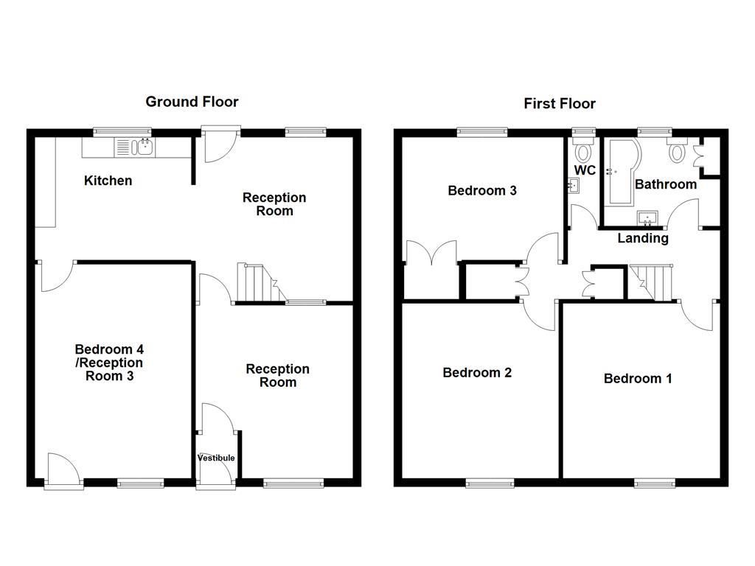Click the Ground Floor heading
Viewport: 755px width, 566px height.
[192, 102]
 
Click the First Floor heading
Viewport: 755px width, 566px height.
[560, 104]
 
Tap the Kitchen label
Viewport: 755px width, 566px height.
[108, 181]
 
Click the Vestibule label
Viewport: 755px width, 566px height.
[216, 458]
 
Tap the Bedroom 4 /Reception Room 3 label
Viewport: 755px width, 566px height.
[109, 363]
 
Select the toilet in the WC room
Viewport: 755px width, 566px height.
[585, 152]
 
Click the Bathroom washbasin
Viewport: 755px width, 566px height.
[648, 218]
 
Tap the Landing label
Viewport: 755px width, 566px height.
[643, 238]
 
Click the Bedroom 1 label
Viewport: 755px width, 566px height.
[638, 379]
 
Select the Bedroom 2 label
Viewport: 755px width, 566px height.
[477, 373]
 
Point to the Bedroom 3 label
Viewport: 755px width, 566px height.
[482, 191]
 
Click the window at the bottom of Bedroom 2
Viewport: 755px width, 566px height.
[490, 483]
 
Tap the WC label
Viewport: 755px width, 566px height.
[585, 171]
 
